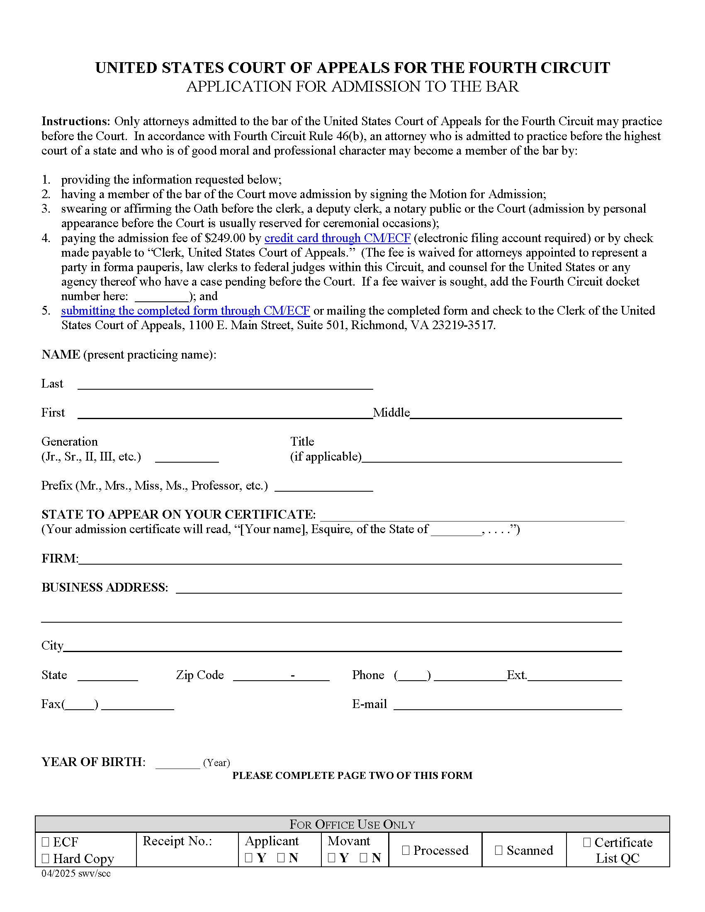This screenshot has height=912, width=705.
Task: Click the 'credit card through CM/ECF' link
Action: (338, 238)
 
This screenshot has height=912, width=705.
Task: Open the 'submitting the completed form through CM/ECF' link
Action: (185, 310)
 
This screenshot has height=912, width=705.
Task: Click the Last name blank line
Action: (225, 385)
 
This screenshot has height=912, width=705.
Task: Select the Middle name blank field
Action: (516, 413)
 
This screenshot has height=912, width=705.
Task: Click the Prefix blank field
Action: (324, 487)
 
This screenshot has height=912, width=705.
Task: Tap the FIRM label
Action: (59, 558)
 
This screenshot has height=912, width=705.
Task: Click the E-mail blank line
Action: (508, 704)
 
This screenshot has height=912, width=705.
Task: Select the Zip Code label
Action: (199, 675)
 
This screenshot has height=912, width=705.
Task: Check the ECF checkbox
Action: (46, 842)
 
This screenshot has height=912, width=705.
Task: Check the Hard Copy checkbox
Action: (46, 859)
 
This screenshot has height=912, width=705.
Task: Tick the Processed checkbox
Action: (406, 850)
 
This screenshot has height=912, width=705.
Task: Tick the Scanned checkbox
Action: (498, 850)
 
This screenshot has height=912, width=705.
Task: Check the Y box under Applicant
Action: (248, 858)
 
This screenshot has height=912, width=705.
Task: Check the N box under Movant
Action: (363, 858)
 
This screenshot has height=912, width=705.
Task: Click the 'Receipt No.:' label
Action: (177, 841)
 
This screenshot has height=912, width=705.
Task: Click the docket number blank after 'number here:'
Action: (162, 296)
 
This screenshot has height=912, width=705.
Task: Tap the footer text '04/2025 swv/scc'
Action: (75, 873)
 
